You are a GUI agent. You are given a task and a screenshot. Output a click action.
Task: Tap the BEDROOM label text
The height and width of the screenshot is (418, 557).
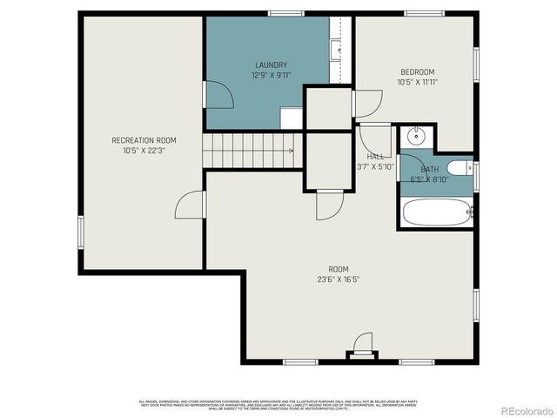coord(418,72)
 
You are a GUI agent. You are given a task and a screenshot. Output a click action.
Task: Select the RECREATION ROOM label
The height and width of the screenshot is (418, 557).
coord(144,140)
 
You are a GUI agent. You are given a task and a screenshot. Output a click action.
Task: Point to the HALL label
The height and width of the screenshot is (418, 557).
coord(375,157)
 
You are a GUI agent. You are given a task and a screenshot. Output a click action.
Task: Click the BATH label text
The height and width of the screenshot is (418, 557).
coord(430,169)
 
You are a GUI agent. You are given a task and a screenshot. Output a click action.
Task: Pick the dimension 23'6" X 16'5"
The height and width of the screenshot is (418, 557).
coord(339,280)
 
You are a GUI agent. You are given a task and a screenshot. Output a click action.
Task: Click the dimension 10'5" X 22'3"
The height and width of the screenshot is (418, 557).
coord(144,151)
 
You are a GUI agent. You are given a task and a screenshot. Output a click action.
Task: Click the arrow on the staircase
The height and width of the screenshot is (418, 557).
coord(291,150)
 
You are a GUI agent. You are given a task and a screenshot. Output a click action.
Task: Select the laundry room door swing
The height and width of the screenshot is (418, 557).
coord(218,95)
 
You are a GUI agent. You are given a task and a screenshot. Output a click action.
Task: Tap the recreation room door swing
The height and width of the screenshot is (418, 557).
coord(190,206)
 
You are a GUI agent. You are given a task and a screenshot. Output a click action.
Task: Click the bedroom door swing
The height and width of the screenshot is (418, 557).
coord(366,104)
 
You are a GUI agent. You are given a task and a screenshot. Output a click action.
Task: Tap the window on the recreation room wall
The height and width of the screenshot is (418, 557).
coord(80,231)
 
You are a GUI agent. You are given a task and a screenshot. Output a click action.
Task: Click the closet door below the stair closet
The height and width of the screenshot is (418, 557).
coord(328,206)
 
